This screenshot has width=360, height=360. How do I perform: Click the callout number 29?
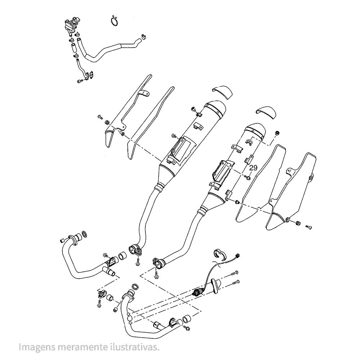click(253, 168)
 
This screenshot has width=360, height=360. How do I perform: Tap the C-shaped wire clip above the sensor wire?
click(218, 253)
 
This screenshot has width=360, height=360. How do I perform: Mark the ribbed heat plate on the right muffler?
click(223, 172)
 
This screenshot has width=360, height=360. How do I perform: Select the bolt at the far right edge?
click(309, 227)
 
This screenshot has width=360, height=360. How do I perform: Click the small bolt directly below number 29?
click(248, 177)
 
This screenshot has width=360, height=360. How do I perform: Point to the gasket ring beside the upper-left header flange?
click(84, 235)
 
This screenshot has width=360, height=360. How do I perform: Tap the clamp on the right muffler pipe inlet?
click(158, 262)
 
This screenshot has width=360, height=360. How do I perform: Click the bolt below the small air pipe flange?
click(80, 81)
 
